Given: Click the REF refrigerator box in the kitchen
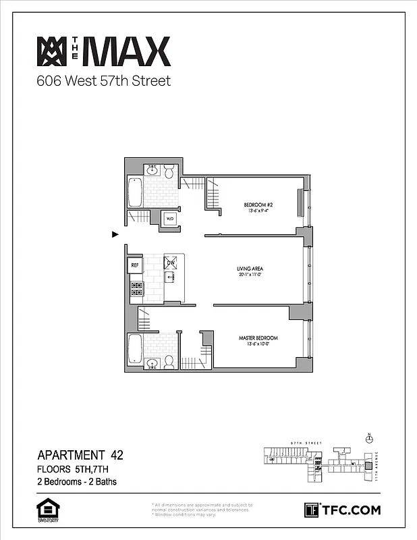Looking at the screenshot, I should pyautogui.click(x=134, y=265).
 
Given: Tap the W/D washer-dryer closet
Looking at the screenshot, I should pyautogui.click(x=169, y=219).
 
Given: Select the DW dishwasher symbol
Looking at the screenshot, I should pyautogui.click(x=171, y=263).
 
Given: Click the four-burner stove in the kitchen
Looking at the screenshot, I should pyautogui.click(x=136, y=289).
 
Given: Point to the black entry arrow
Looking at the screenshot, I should pyautogui.click(x=115, y=234).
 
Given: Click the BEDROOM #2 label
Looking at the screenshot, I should pyautogui.click(x=258, y=205).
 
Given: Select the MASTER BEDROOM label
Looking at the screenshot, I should pyautogui.click(x=258, y=337).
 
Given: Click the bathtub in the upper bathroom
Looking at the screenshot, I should pyautogui.click(x=134, y=192).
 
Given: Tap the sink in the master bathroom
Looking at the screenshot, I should pyautogui.click(x=152, y=363).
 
